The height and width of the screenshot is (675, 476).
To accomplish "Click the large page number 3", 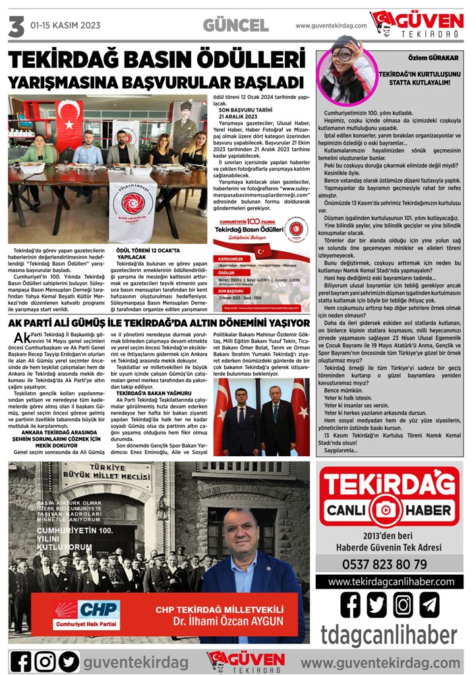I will click(15, 27).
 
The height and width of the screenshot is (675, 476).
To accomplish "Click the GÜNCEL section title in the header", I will click(235, 26).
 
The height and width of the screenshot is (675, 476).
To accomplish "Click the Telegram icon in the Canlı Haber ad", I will click(429, 604).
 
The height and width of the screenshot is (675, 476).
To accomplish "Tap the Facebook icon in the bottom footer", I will click(21, 660).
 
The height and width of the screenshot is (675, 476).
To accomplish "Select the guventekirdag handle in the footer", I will click(135, 661).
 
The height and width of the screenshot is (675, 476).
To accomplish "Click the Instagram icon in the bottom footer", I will click(45, 660).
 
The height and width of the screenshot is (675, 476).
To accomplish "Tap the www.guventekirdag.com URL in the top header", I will click(331, 26).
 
